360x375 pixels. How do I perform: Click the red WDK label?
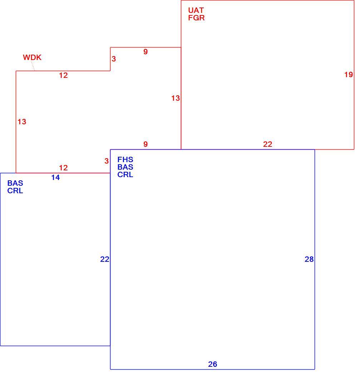[32, 57]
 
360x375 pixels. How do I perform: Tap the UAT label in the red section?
[196, 10]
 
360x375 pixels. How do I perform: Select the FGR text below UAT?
[196, 18]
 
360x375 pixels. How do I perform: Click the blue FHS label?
[125, 160]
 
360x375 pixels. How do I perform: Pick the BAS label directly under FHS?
[125, 167]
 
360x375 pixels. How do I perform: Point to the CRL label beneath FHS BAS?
[125, 175]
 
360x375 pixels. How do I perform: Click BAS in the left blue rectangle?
[15, 183]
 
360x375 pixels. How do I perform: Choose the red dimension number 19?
[349, 75]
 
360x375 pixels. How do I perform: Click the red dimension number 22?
[268, 144]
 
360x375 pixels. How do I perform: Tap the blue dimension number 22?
[105, 259]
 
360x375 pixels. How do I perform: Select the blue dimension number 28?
[309, 259]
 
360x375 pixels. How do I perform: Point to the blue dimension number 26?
[213, 364]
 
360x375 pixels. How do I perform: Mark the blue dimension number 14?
[55, 177]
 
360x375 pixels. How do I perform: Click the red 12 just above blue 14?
[63, 168]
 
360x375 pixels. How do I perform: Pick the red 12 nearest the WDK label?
[63, 75]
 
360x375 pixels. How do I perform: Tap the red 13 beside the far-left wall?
[22, 122]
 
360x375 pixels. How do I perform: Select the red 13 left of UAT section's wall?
[176, 98]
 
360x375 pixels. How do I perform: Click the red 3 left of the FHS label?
[107, 161]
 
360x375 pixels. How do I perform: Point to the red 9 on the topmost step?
[146, 52]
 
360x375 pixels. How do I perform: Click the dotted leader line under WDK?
[33, 66]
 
